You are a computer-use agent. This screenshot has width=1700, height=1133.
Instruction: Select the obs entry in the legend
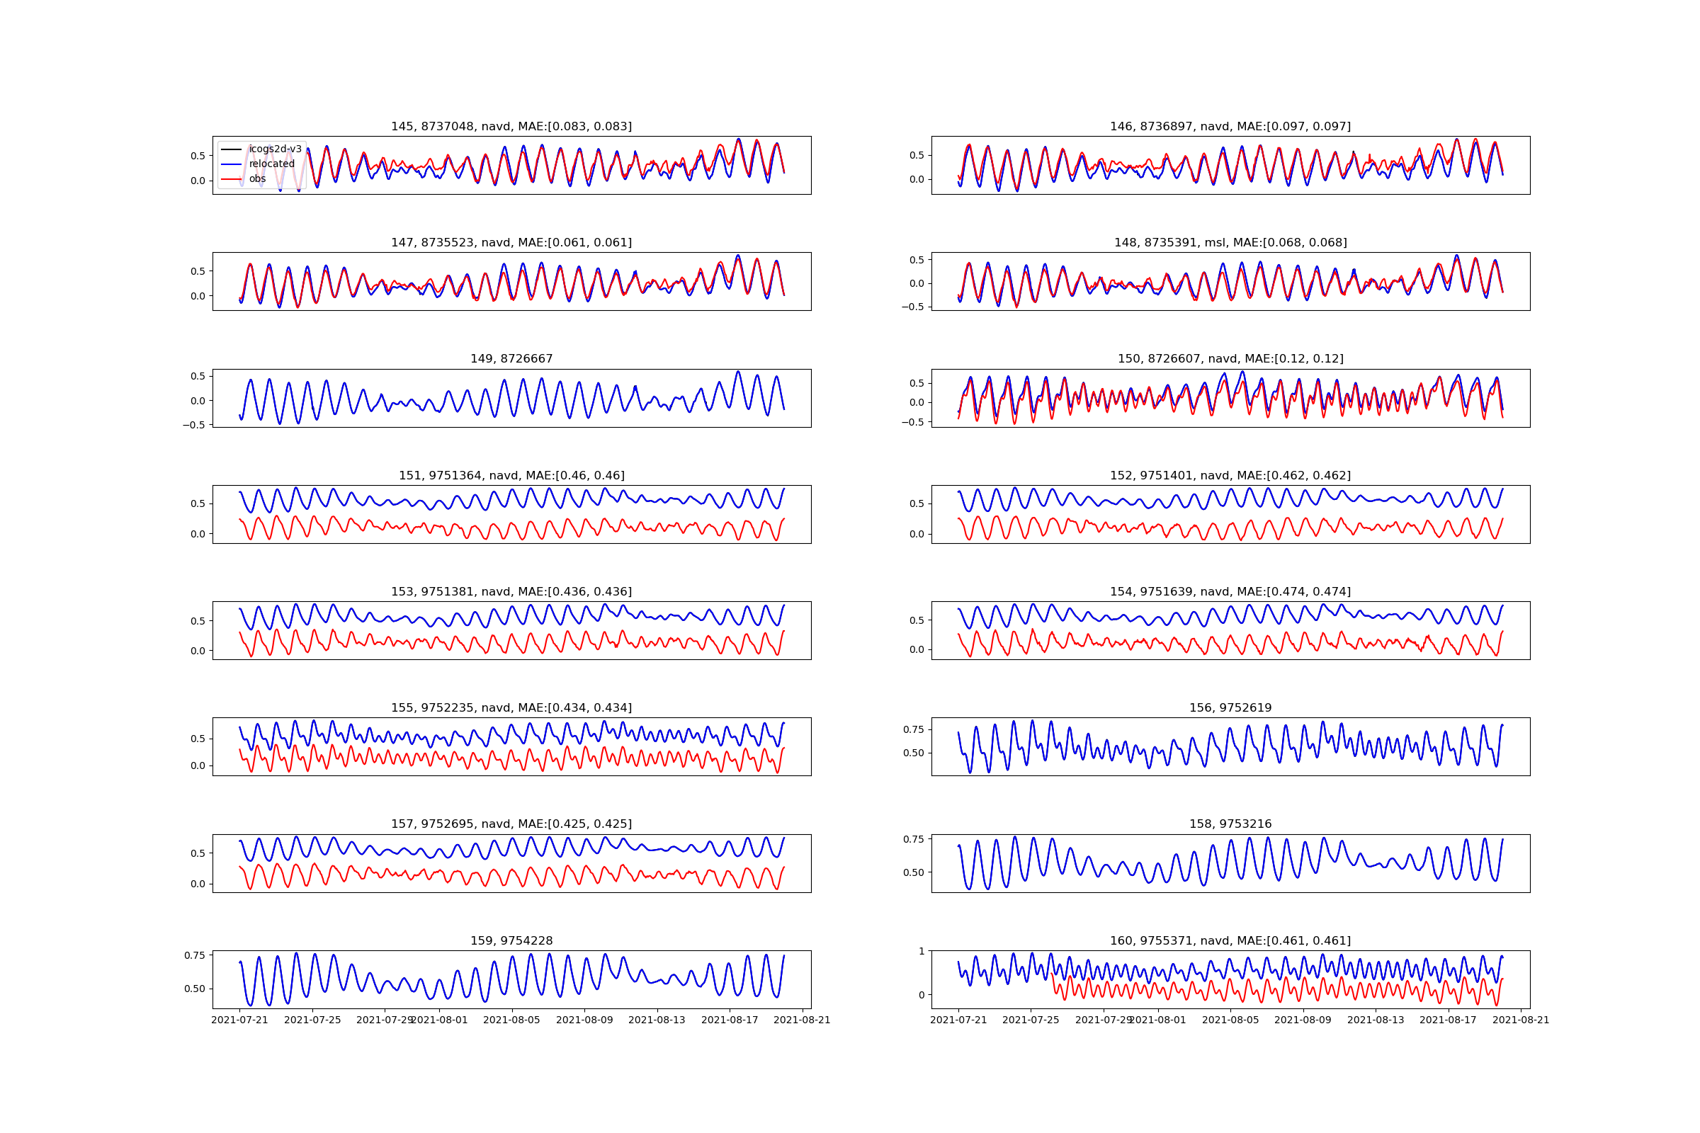pyautogui.click(x=257, y=178)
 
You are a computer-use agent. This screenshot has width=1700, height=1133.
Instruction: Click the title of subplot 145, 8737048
pyautogui.click(x=511, y=127)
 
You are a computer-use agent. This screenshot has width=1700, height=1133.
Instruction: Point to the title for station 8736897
pyautogui.click(x=1230, y=127)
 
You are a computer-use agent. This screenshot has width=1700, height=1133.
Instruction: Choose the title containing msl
pyautogui.click(x=1230, y=243)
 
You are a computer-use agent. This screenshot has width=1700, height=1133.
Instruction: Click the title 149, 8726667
pyautogui.click(x=511, y=359)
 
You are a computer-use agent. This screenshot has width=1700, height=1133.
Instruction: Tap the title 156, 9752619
pyautogui.click(x=1230, y=708)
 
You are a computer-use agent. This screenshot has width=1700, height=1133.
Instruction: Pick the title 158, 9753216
pyautogui.click(x=1230, y=824)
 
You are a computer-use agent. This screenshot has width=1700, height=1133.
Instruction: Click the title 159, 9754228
pyautogui.click(x=511, y=941)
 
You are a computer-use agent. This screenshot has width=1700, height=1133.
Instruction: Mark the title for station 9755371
pyautogui.click(x=1230, y=941)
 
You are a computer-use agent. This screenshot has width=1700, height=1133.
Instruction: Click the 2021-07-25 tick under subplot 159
pyautogui.click(x=312, y=1020)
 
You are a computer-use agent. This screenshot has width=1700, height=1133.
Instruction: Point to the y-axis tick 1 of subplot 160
pyautogui.click(x=922, y=951)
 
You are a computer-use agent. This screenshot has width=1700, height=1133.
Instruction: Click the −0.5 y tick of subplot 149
pyautogui.click(x=193, y=426)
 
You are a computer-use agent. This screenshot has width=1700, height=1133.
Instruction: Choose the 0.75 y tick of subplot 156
pyautogui.click(x=914, y=730)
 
